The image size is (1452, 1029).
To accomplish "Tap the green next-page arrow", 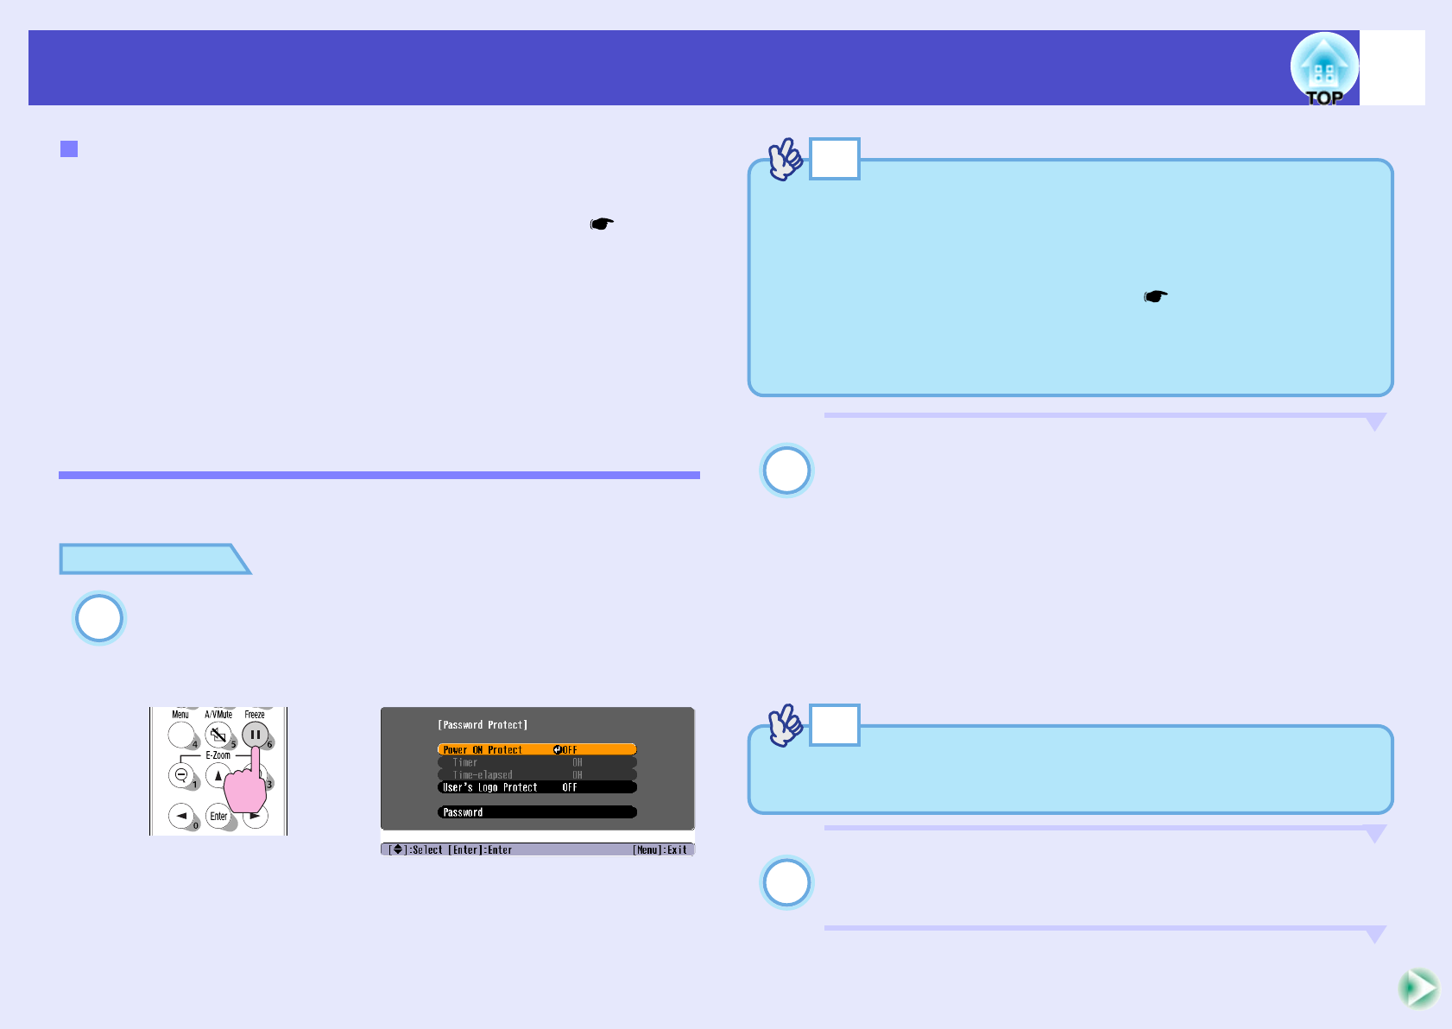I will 1418,988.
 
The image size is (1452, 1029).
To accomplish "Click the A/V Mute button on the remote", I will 218,735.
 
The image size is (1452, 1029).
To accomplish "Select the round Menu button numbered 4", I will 181,735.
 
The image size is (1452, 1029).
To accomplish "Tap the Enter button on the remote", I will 219,816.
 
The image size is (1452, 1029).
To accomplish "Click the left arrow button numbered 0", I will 181,816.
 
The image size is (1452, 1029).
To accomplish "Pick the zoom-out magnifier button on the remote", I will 181,775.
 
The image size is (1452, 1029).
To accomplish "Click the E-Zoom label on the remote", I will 218,755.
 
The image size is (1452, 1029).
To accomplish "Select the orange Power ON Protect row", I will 536,749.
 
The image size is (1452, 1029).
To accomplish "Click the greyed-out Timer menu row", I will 536,762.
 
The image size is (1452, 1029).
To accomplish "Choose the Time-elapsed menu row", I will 536,774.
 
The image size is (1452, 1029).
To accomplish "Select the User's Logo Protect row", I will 536,787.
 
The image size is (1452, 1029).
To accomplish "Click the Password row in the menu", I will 536,812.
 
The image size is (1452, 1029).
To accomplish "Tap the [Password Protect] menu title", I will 483,725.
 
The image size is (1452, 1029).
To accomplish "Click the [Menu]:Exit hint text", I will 660,850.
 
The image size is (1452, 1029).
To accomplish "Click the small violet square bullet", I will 69,149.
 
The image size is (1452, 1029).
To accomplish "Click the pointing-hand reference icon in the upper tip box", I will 1156,297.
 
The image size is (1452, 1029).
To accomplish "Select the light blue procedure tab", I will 151,559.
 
